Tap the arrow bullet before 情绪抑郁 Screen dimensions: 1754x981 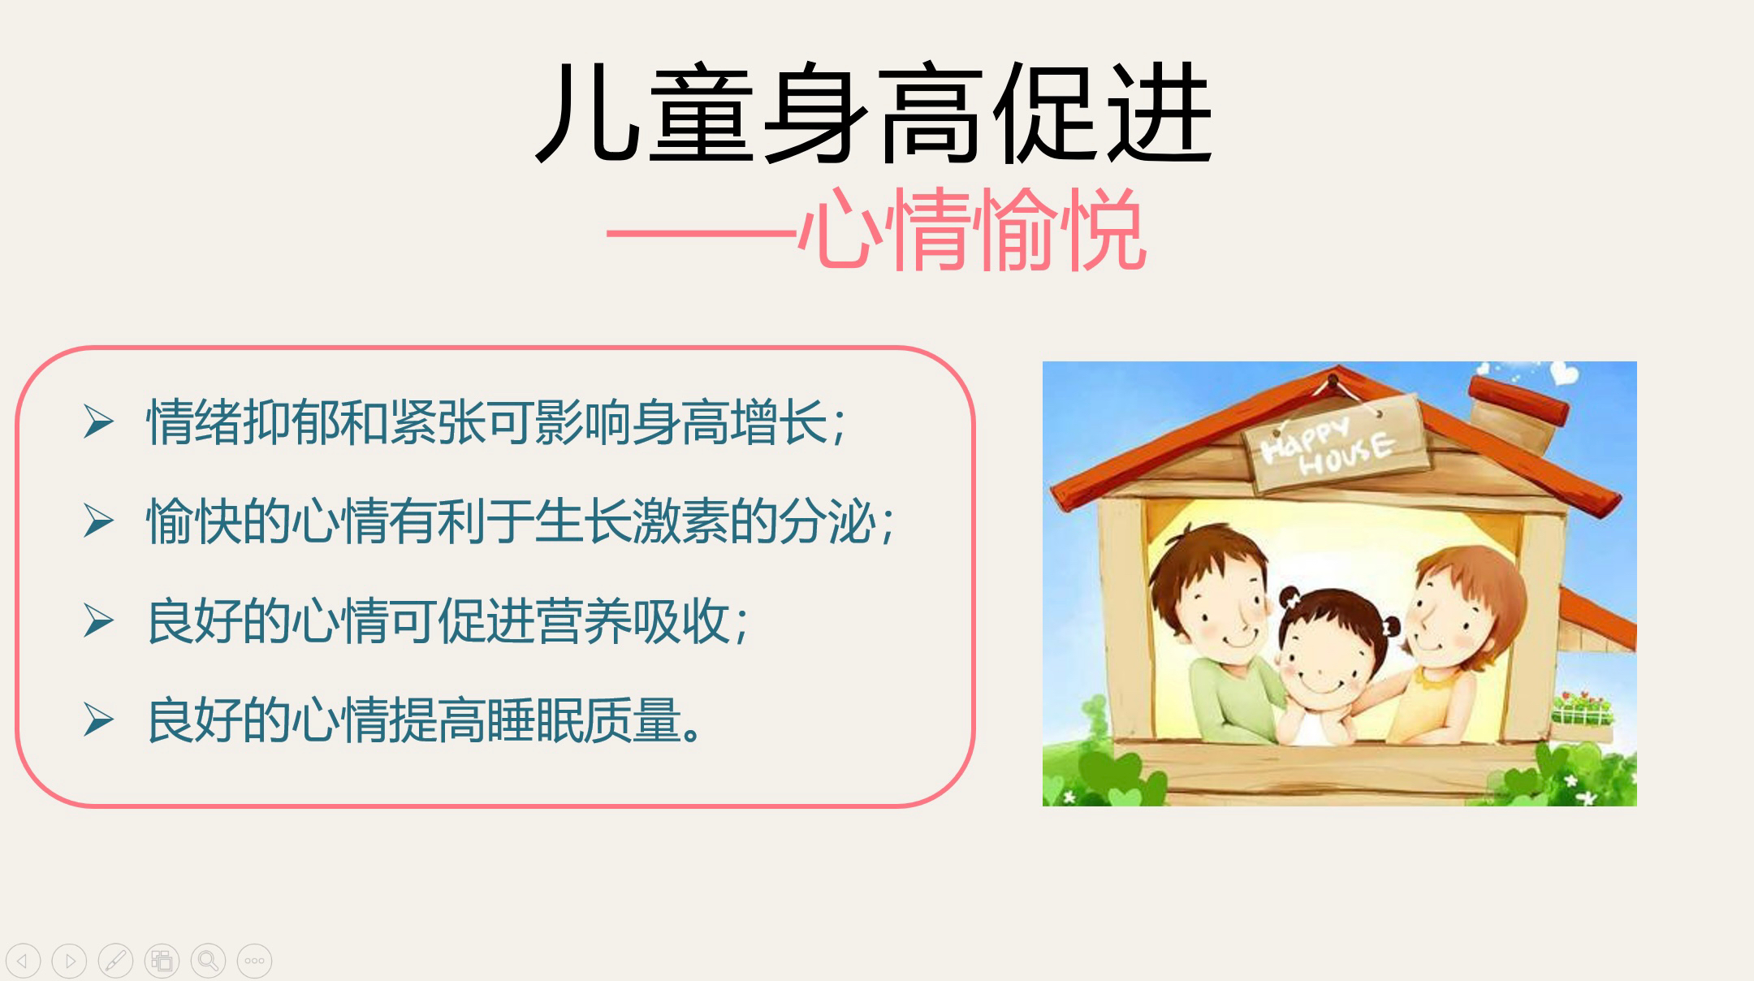[x=98, y=422]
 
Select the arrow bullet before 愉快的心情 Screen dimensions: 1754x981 [x=98, y=521]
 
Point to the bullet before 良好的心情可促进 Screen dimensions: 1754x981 [x=98, y=621]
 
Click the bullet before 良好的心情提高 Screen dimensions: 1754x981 [x=98, y=720]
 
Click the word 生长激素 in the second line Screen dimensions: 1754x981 [x=632, y=521]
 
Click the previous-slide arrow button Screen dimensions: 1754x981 [x=23, y=961]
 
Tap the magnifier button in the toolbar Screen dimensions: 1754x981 [x=208, y=961]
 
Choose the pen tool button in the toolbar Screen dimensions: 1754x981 [x=115, y=961]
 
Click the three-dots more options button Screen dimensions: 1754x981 [x=254, y=961]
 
